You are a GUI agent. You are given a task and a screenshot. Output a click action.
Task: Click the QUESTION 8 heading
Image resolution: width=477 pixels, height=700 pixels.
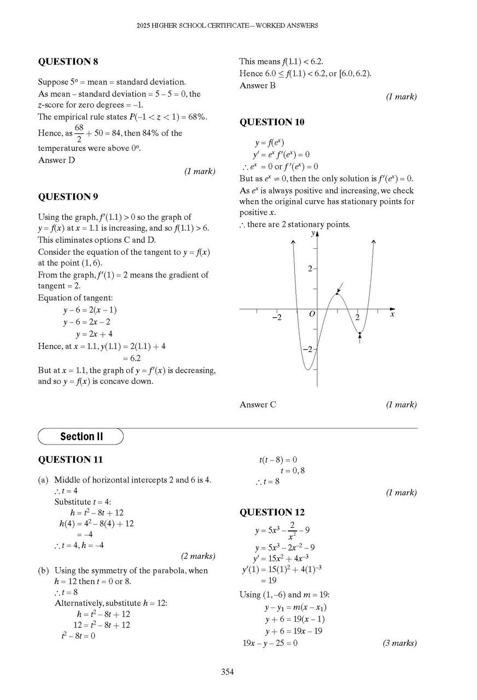click(x=68, y=62)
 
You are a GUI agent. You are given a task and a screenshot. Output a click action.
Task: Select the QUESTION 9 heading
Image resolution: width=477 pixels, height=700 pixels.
click(x=68, y=196)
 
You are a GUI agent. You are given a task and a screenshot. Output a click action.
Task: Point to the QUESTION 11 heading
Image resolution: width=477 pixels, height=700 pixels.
click(x=70, y=459)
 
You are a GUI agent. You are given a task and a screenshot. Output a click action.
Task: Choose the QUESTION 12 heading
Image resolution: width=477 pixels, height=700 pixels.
click(x=272, y=512)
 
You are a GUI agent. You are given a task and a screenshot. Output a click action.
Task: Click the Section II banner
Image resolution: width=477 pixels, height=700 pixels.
click(x=81, y=436)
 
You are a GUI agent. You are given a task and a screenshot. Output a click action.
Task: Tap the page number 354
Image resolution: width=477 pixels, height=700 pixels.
click(x=228, y=672)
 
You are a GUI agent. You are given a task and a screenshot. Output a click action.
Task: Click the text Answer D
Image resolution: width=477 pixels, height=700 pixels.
click(x=56, y=160)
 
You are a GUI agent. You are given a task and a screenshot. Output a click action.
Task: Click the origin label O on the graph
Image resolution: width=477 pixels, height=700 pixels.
click(x=312, y=314)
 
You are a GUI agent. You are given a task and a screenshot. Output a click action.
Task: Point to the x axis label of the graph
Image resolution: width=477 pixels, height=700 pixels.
click(x=392, y=314)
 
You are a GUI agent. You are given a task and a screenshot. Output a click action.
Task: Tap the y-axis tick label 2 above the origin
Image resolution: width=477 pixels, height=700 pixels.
click(x=309, y=269)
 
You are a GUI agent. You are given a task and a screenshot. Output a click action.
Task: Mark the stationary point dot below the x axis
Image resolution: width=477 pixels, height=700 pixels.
click(x=359, y=333)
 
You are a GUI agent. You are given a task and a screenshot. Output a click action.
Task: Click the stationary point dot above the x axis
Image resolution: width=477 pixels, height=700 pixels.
click(x=337, y=294)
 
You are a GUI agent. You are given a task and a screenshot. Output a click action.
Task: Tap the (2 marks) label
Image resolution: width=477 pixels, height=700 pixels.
click(x=198, y=556)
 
